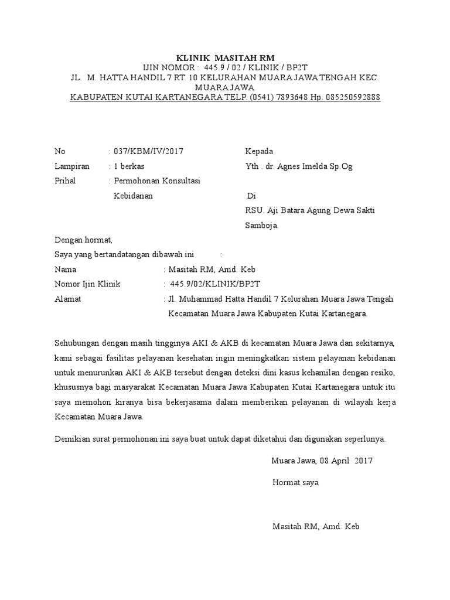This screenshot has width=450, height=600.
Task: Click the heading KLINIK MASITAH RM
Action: pos(225,58)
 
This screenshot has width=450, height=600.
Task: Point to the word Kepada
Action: pos(259,151)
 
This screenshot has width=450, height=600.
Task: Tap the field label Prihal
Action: pos(65,181)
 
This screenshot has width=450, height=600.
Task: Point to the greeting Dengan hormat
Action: pos(83,240)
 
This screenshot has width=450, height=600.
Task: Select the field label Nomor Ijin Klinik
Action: pos(87,284)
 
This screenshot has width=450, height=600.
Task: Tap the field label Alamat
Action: pos(67,299)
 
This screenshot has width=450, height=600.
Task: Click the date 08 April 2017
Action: pos(346,461)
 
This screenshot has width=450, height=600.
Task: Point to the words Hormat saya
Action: pos(296,483)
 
